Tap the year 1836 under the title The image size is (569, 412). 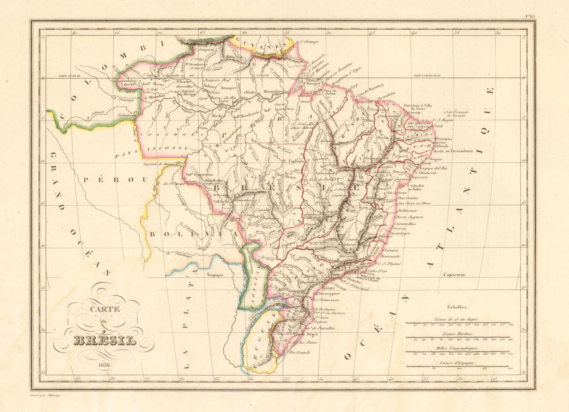click(103, 365)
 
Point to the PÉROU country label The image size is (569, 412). click(115, 180)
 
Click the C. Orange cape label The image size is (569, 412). click(309, 42)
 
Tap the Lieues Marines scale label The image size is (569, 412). click(458, 334)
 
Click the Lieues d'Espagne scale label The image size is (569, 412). click(458, 363)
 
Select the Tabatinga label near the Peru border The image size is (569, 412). click(124, 115)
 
